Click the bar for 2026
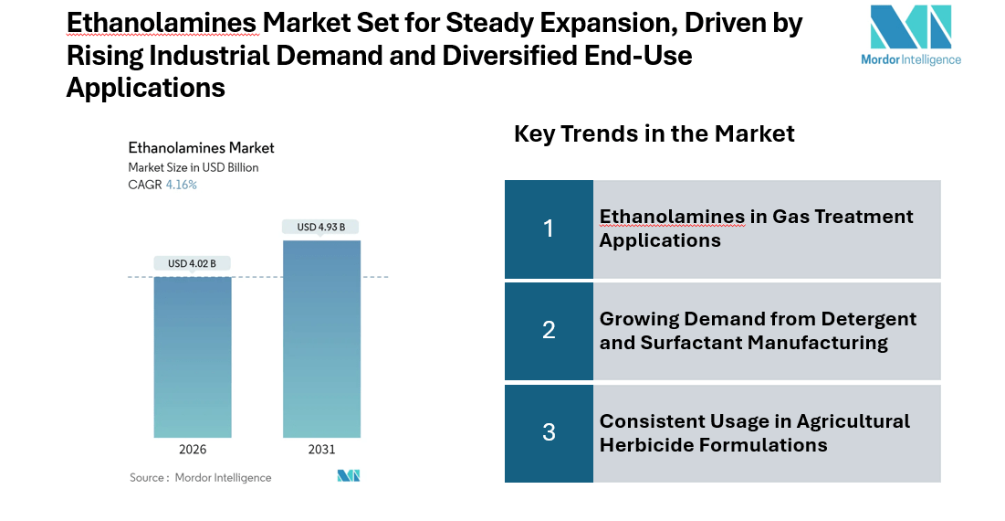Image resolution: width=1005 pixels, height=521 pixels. [x=193, y=356]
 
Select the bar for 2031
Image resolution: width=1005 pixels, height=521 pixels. [x=321, y=338]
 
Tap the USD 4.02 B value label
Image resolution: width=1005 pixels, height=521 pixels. [x=192, y=263]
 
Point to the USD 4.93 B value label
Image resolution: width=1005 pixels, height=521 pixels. [x=321, y=227]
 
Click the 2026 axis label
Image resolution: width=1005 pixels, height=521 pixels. [x=193, y=450]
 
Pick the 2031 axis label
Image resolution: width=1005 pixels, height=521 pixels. [x=321, y=450]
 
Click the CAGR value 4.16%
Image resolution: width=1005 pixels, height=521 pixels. [x=181, y=185]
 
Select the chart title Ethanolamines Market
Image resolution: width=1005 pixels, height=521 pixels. [x=201, y=147]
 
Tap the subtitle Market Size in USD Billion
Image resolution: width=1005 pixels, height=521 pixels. [x=193, y=167]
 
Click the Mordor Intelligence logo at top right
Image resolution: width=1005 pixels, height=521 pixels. [x=910, y=35]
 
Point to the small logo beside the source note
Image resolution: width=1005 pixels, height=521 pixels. [x=349, y=475]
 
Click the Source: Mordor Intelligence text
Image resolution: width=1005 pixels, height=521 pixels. [x=200, y=477]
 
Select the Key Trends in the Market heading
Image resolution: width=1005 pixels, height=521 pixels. [x=654, y=133]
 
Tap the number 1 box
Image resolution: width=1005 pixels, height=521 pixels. [x=549, y=229]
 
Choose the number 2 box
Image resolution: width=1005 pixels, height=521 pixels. [x=549, y=330]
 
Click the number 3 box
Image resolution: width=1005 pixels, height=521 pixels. [x=549, y=432]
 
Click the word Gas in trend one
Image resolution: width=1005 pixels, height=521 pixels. [x=793, y=217]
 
